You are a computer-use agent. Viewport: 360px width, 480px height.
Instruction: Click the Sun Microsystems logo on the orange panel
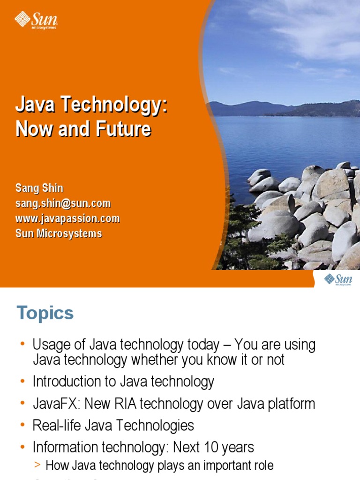(36, 21)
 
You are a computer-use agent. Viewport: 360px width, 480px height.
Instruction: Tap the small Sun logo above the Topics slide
(338, 280)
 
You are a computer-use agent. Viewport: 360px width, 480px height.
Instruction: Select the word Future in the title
(124, 129)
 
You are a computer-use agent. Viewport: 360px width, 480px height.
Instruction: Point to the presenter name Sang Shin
(39, 188)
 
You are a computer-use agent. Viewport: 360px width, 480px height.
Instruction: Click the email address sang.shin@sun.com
(63, 203)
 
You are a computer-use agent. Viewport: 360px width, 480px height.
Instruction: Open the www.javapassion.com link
(67, 218)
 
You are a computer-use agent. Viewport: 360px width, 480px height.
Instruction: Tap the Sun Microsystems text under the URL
(59, 233)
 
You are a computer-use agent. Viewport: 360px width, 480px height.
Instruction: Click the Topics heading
(45, 313)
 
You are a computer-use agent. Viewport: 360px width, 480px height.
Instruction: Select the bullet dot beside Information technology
(22, 448)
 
